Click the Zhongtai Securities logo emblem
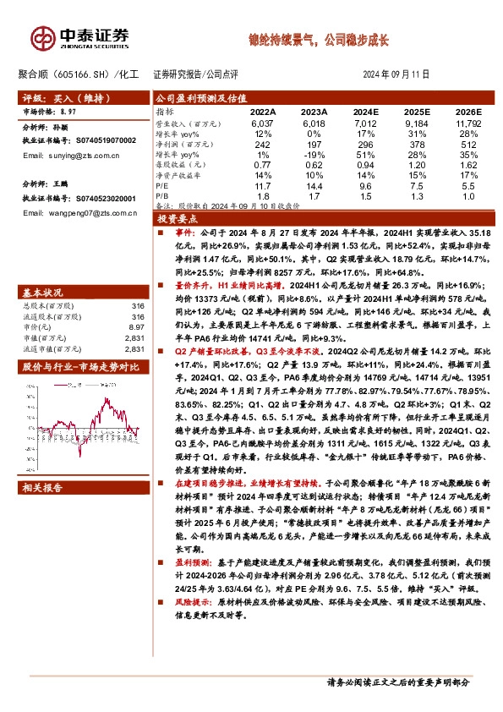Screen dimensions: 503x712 [41, 36]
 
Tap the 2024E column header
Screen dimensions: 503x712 [365, 112]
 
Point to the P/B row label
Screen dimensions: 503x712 [164, 194]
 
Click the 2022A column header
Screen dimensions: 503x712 [262, 112]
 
